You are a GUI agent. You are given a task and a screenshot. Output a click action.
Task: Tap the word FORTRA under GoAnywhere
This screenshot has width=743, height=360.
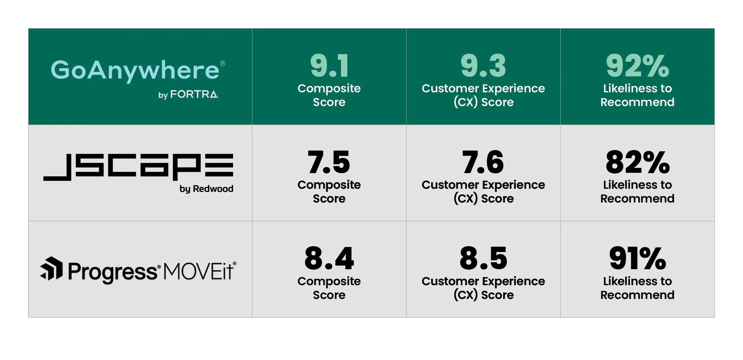194,94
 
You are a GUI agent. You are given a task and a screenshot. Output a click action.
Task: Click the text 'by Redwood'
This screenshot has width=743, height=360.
206,189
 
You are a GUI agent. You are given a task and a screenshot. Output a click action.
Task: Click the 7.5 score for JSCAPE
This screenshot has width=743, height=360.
329,162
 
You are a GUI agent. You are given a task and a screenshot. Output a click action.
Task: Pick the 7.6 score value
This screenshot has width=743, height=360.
483,162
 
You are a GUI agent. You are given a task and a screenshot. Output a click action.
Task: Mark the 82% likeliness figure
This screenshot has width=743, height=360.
637,162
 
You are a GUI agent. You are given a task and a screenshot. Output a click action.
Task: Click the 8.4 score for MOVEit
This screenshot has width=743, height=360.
329,259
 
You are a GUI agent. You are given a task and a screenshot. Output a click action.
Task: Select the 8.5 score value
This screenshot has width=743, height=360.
483,259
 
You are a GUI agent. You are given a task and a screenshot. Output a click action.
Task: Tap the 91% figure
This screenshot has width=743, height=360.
637,259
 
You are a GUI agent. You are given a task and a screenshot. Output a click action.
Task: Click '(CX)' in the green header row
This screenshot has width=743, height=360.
466,102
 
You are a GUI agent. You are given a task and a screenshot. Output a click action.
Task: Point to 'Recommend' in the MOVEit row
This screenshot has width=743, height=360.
637,295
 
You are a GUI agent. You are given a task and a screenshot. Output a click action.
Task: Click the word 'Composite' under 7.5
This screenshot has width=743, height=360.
329,185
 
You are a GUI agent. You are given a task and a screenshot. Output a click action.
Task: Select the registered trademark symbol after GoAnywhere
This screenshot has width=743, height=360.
223,63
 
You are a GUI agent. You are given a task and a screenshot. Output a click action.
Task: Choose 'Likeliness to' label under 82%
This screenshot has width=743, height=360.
637,185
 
